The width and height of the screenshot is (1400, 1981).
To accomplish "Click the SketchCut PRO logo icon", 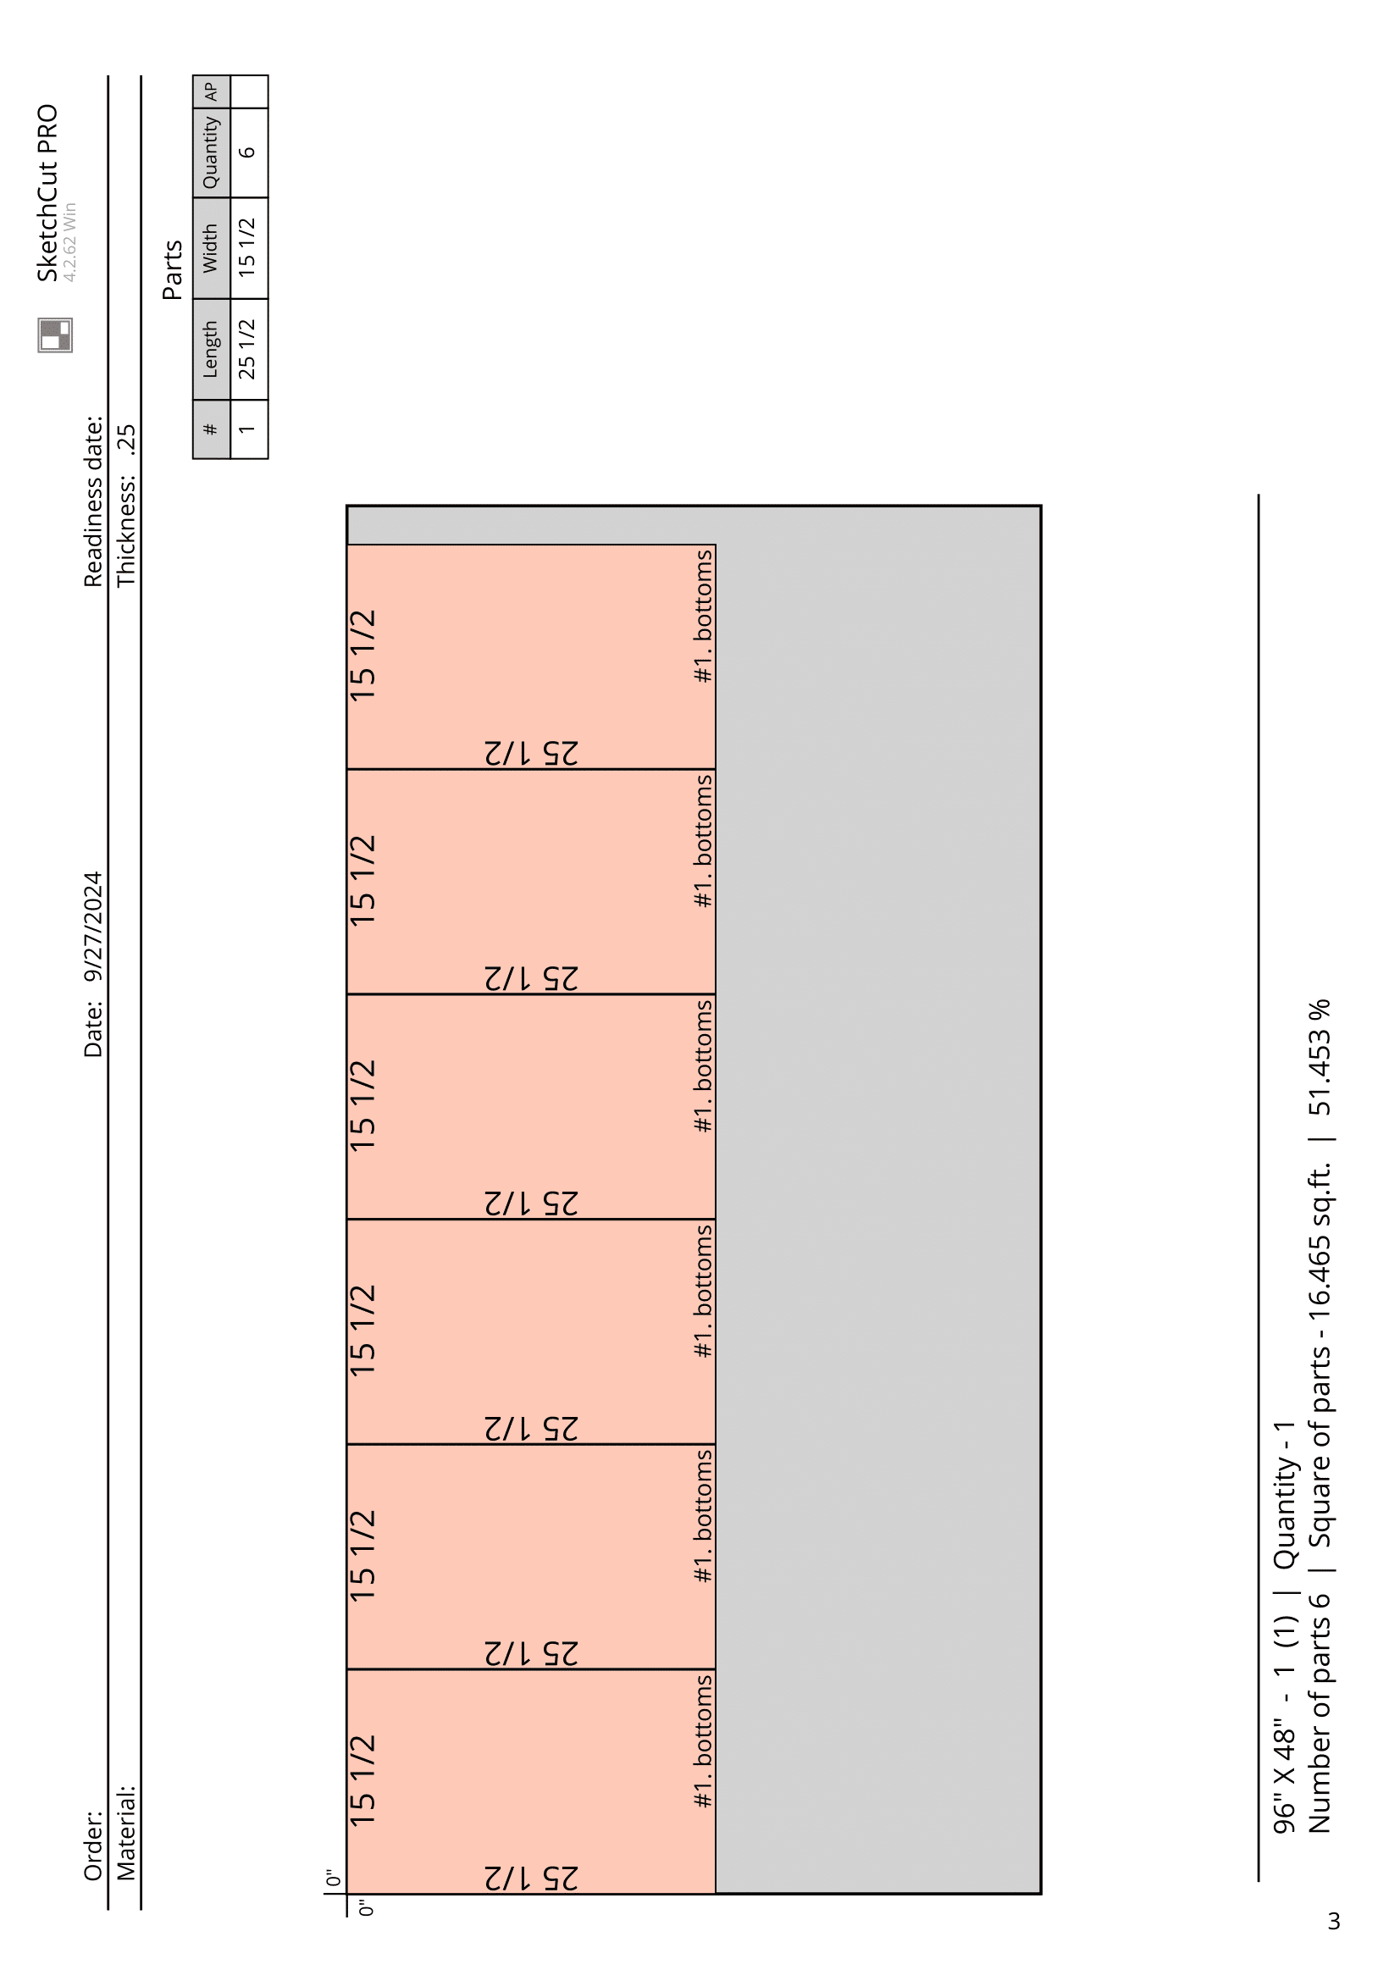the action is pyautogui.click(x=55, y=335).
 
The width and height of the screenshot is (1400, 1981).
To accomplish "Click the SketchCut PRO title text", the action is pyautogui.click(x=47, y=193).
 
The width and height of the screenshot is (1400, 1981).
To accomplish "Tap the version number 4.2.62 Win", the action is pyautogui.click(x=69, y=241).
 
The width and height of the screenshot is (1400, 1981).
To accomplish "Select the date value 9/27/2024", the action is pyautogui.click(x=93, y=927).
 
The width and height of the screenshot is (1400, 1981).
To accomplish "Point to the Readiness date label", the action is pyautogui.click(x=93, y=502).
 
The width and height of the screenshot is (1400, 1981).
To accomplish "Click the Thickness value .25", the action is pyautogui.click(x=126, y=440).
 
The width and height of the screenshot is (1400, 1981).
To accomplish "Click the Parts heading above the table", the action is pyautogui.click(x=173, y=270).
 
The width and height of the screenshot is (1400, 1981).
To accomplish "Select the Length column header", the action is pyautogui.click(x=212, y=350).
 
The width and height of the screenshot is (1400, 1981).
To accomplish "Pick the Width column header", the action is pyautogui.click(x=212, y=248).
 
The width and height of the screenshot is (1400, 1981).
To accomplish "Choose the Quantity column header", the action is pyautogui.click(x=212, y=152).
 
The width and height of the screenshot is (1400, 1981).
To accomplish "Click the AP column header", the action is pyautogui.click(x=212, y=91).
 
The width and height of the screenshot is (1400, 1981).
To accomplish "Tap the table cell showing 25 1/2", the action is pyautogui.click(x=247, y=350).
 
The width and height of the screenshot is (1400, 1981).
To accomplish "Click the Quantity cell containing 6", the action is pyautogui.click(x=248, y=152).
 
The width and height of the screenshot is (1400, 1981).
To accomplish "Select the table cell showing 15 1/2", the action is pyautogui.click(x=247, y=247).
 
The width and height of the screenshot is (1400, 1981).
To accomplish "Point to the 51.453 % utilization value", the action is pyautogui.click(x=1320, y=1058).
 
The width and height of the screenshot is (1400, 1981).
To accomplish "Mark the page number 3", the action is pyautogui.click(x=1335, y=1922).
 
